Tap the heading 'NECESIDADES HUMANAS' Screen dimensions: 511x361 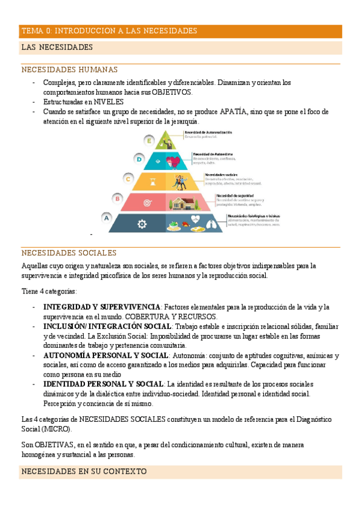tap(69, 70)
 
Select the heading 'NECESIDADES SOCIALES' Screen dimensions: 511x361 tap(69, 253)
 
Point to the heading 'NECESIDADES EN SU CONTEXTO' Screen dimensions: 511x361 tap(84, 471)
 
